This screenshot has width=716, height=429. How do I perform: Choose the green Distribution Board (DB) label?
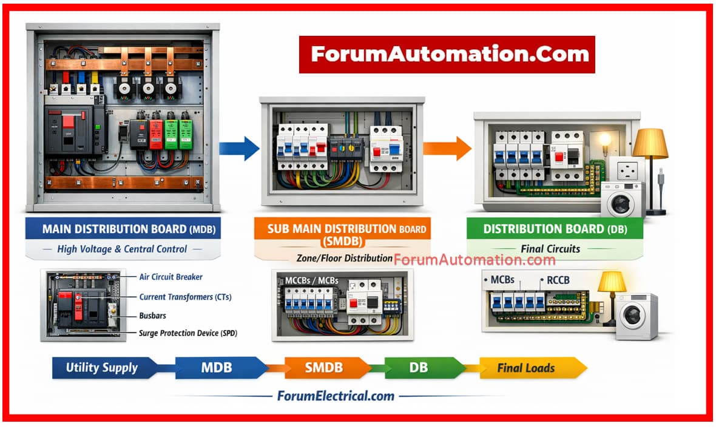click(555, 229)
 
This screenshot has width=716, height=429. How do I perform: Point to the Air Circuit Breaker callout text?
click(171, 277)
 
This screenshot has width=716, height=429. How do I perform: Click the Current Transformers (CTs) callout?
click(185, 297)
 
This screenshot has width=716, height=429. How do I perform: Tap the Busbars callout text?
click(152, 316)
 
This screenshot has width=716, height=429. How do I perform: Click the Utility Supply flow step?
click(102, 367)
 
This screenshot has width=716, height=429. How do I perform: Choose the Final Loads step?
click(526, 368)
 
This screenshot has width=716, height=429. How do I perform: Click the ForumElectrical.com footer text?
click(336, 396)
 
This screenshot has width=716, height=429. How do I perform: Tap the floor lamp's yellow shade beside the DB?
click(650, 144)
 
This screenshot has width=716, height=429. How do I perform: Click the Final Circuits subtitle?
click(550, 248)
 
